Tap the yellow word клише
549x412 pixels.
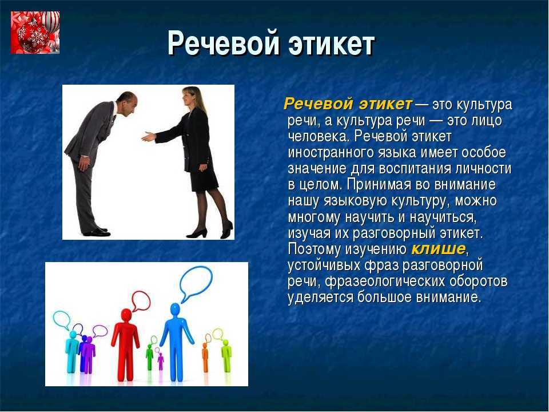[439, 249]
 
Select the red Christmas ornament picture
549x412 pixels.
[35, 32]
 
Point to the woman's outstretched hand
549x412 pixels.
[149, 136]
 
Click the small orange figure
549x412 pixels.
[205, 357]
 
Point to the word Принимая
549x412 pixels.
[380, 185]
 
